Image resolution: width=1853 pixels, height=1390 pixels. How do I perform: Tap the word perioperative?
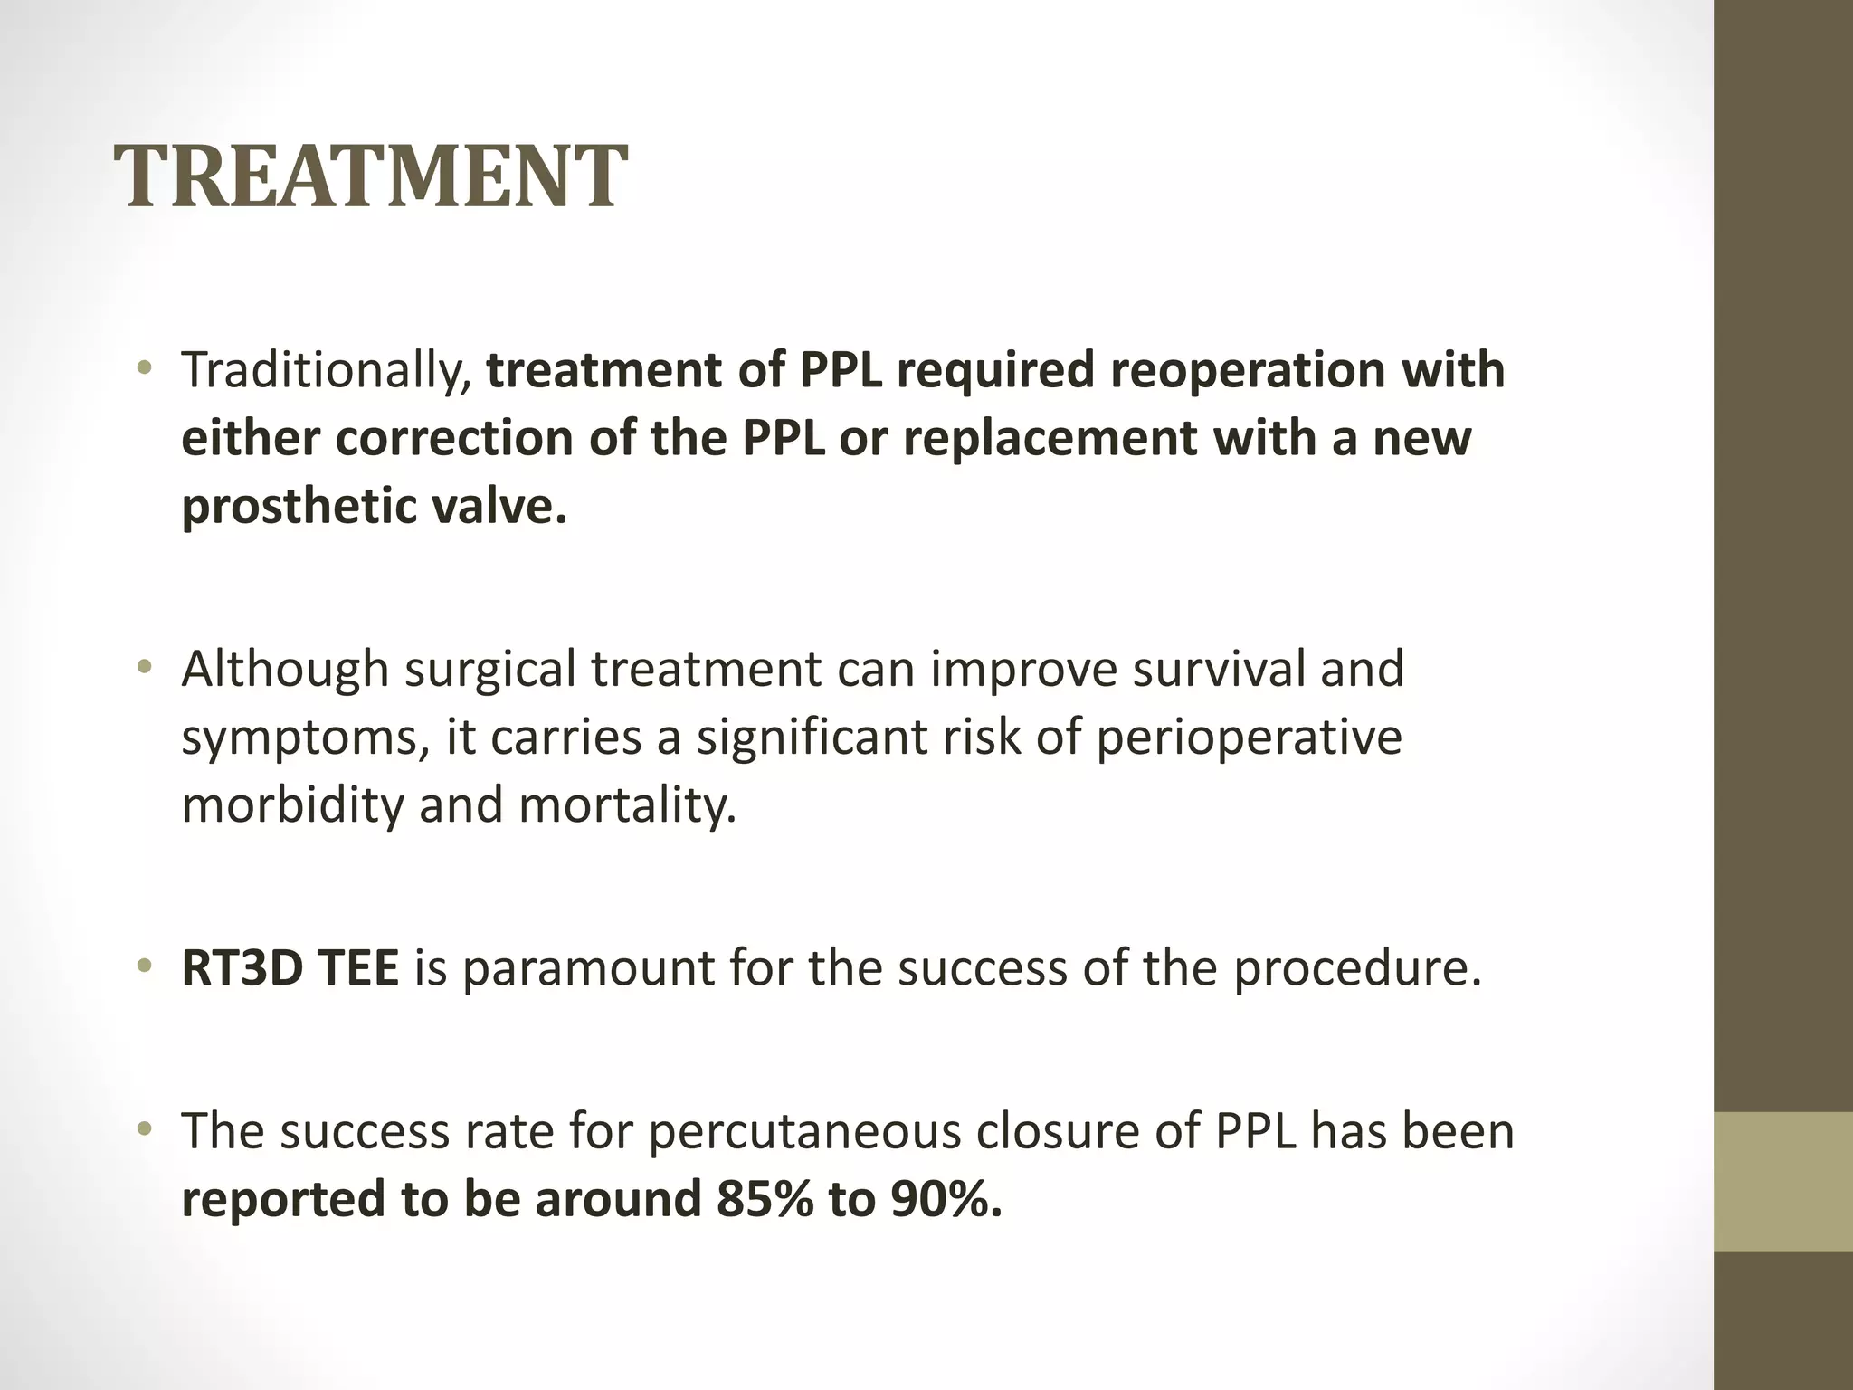[x=1249, y=738]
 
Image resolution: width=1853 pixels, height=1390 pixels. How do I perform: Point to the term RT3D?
[x=238, y=968]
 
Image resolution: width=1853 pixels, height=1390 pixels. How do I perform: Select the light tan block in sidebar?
[x=1782, y=1181]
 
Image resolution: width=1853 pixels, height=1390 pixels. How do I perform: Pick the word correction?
[x=453, y=439]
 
